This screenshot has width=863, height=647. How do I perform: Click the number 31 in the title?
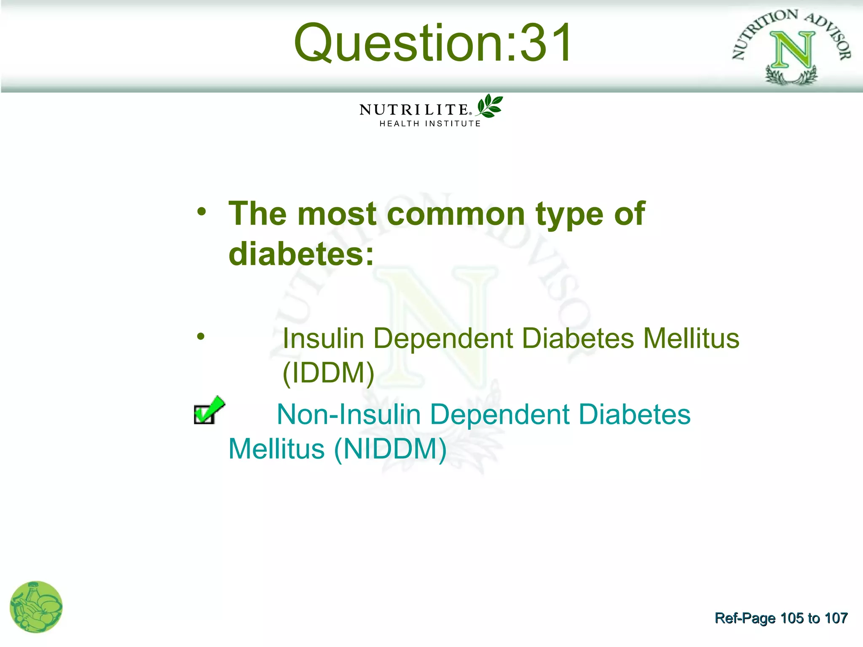coord(545,43)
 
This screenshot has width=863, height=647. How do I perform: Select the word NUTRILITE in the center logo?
coord(414,110)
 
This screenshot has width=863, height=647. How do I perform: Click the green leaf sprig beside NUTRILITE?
coord(490,106)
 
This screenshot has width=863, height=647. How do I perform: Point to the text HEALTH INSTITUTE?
coord(430,124)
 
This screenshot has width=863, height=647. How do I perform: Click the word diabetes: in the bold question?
coord(301,254)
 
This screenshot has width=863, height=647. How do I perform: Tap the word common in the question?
coord(455,214)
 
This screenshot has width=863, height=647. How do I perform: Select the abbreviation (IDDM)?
coord(328,373)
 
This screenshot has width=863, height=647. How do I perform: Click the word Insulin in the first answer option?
coord(323,339)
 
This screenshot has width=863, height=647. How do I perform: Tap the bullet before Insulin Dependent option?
coord(201,336)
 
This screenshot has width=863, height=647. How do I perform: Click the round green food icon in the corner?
coord(36,607)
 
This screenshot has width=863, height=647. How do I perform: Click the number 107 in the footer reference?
coord(836,618)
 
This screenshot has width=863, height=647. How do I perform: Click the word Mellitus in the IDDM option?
coord(691,339)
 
